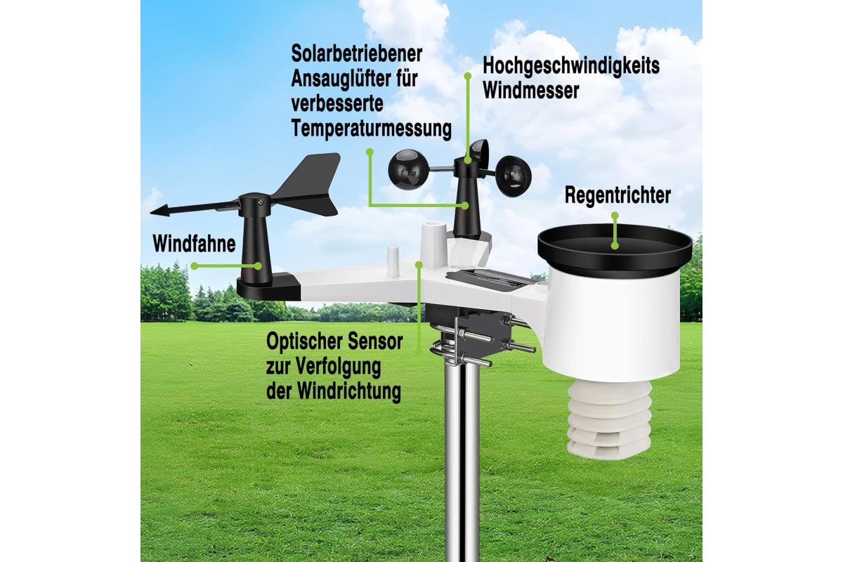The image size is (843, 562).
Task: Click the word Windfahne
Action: (194, 244)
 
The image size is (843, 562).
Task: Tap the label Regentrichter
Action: (617, 195)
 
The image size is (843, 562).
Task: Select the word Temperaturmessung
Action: (371, 129)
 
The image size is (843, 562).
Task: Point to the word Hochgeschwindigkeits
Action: (571, 66)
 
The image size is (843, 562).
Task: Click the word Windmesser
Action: (530, 91)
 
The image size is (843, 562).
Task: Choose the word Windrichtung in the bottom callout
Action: (349, 391)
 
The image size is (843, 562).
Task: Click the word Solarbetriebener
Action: (356, 54)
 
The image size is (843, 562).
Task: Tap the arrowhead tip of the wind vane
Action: (151, 213)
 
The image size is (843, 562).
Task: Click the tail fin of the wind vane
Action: (308, 184)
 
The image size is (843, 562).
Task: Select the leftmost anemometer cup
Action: (409, 169)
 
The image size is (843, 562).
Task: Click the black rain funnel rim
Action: (615, 246)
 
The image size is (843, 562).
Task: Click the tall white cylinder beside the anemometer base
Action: (434, 244)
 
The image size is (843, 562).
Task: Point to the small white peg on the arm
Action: (393, 261)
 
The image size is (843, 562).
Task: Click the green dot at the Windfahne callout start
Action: (194, 266)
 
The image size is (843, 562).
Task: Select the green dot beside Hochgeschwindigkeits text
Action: (468, 76)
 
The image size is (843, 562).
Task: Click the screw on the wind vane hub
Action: (261, 203)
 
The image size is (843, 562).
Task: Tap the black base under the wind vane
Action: (268, 288)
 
